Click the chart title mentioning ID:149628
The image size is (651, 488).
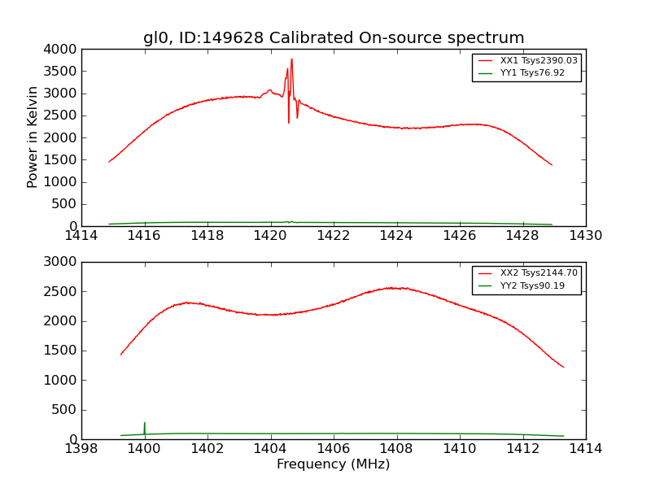(334, 38)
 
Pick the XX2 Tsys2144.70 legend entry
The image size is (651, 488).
(526, 273)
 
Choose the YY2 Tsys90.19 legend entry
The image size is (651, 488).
(526, 285)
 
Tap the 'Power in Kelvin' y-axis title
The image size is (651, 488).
(33, 137)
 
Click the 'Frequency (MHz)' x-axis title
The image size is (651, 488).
(334, 464)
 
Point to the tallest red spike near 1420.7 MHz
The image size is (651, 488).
(291, 59)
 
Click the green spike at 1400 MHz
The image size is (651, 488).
(144, 423)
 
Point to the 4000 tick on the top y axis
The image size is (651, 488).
(63, 50)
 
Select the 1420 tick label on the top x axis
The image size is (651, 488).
(270, 236)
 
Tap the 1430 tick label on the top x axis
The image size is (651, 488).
(585, 236)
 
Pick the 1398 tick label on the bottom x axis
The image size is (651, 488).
(81, 449)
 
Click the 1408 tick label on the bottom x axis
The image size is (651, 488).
(396, 449)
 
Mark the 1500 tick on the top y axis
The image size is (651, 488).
(63, 159)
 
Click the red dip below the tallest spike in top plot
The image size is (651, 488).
(288, 122)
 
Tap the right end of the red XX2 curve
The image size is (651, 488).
(563, 367)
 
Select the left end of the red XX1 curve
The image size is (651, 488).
(109, 162)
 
